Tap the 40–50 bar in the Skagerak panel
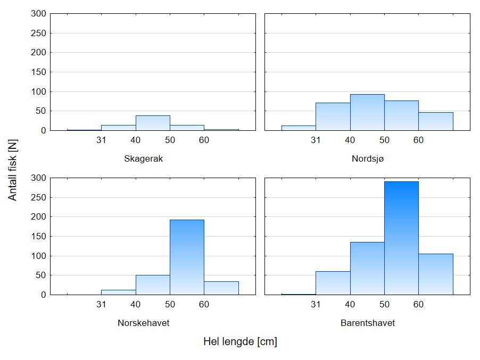[153, 123]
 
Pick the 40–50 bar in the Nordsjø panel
[367, 112]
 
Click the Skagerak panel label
[143, 158]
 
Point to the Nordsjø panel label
[367, 158]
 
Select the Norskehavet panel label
[143, 323]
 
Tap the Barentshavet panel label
[368, 323]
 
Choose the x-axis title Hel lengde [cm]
[240, 342]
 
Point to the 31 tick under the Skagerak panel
[101, 140]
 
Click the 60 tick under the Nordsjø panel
[418, 140]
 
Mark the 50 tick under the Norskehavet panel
[170, 305]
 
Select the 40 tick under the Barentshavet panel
[350, 305]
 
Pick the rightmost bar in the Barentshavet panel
[435, 274]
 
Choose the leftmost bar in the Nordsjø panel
[299, 128]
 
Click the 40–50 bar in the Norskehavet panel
[153, 284]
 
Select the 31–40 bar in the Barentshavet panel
[333, 283]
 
